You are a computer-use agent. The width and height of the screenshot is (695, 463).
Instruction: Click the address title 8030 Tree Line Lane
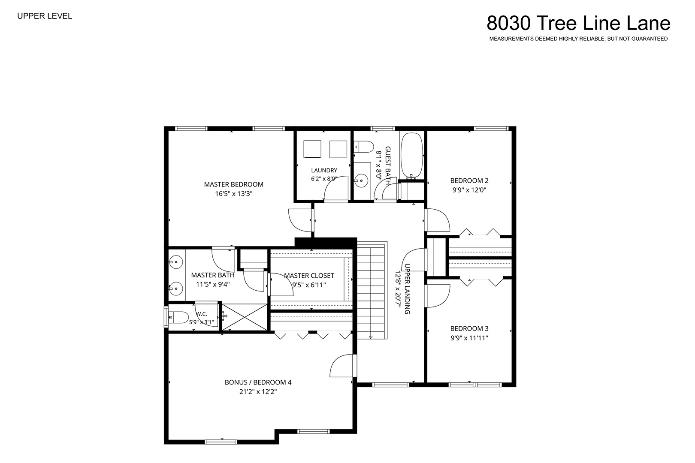(578, 23)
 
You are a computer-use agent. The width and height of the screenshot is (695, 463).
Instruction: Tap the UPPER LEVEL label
(45, 16)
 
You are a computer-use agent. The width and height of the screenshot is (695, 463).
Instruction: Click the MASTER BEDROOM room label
(234, 184)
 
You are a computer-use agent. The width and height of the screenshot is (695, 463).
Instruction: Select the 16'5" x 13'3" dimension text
(234, 194)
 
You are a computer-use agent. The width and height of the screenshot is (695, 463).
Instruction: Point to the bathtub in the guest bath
(412, 156)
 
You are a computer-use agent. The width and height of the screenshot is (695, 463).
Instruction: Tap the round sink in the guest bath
(361, 180)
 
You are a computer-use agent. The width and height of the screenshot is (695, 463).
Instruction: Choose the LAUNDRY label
(324, 170)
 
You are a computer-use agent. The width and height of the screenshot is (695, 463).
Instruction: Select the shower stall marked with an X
(245, 317)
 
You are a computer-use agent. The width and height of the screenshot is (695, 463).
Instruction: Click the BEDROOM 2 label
(469, 180)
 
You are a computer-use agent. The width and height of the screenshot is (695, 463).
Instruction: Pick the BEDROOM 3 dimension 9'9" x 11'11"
(469, 338)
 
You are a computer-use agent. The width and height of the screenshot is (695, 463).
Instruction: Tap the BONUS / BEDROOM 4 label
(258, 382)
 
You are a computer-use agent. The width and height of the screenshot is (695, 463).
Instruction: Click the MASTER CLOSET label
(309, 275)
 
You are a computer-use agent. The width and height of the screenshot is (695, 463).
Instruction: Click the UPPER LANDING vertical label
(408, 289)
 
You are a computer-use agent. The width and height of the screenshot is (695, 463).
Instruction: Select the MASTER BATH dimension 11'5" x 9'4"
(213, 284)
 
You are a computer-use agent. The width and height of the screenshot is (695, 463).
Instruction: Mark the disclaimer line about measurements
(578, 39)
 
